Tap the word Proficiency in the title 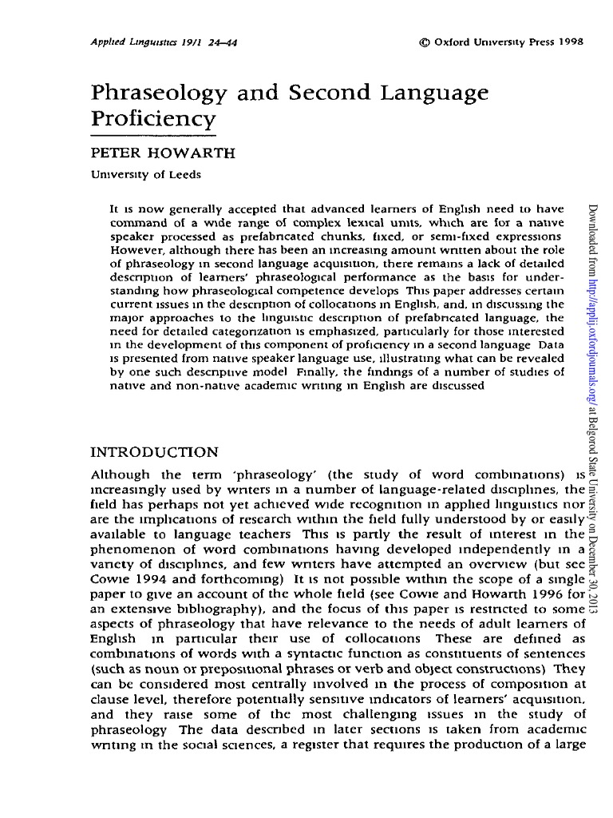click(x=154, y=121)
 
